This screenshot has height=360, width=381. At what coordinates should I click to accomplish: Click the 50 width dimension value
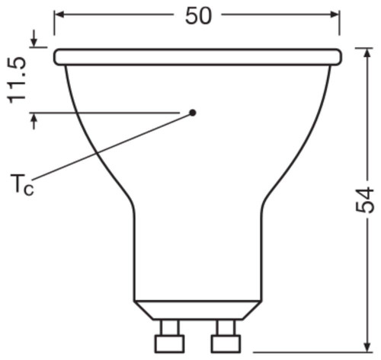point(198,17)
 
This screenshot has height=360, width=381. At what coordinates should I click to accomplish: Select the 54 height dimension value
point(367,199)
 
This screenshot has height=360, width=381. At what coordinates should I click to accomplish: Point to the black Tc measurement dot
point(193,112)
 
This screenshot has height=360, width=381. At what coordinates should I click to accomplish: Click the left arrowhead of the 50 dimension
point(60,14)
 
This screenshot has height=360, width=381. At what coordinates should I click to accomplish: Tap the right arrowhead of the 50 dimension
point(335,14)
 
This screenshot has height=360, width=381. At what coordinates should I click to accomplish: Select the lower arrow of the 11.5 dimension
point(34,120)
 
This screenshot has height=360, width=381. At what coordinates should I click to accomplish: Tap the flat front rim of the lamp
point(197,56)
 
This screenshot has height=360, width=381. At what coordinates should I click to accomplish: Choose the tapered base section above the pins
point(197,307)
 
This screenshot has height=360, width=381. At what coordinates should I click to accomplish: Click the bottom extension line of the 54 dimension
point(305,352)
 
